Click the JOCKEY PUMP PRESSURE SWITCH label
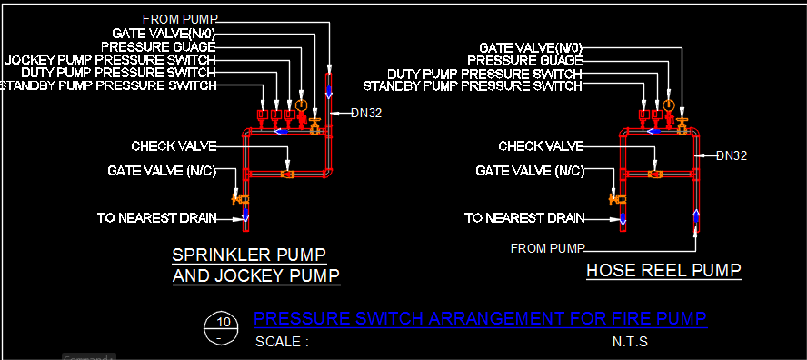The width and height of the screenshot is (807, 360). pyautogui.click(x=110, y=60)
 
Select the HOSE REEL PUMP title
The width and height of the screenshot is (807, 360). pyautogui.click(x=664, y=270)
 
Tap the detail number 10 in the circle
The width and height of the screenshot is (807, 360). pyautogui.click(x=224, y=323)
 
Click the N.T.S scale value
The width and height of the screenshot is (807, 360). pyautogui.click(x=630, y=342)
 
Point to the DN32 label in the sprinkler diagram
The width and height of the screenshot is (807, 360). pyautogui.click(x=366, y=114)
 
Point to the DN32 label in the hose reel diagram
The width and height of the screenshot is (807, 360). pyautogui.click(x=732, y=155)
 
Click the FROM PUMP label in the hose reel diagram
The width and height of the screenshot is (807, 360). pyautogui.click(x=548, y=249)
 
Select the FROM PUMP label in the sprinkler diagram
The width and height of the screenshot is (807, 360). pyautogui.click(x=180, y=20)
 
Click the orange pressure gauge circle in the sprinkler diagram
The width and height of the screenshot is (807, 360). pyautogui.click(x=302, y=105)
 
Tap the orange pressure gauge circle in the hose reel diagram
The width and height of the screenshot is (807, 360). pyautogui.click(x=669, y=105)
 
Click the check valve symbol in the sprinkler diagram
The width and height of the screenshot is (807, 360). pyautogui.click(x=288, y=175)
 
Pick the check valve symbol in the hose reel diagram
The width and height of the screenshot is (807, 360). pyautogui.click(x=655, y=175)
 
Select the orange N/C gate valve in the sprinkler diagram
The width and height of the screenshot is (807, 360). pyautogui.click(x=240, y=197)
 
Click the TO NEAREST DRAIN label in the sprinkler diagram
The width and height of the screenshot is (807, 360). pyautogui.click(x=157, y=218)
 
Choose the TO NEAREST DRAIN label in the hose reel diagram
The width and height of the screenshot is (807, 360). pyautogui.click(x=524, y=218)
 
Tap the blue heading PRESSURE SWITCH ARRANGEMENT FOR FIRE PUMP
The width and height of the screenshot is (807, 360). pyautogui.click(x=480, y=319)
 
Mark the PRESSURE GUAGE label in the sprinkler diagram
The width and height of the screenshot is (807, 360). pyautogui.click(x=158, y=47)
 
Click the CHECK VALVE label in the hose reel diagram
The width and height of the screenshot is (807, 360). pyautogui.click(x=541, y=146)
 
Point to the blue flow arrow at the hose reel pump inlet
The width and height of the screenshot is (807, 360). pyautogui.click(x=696, y=217)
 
